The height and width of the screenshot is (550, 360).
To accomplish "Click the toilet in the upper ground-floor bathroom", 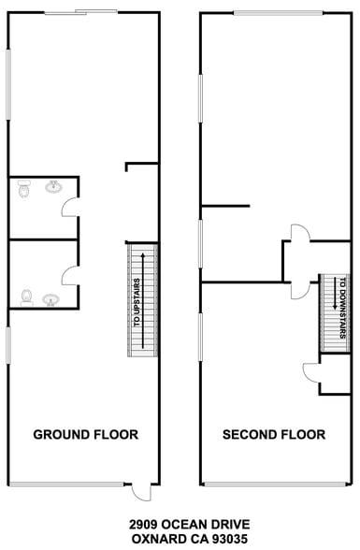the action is point(23,188).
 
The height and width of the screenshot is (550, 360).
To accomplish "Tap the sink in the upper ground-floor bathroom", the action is point(53,186).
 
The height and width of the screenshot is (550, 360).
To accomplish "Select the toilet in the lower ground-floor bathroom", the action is point(26,297).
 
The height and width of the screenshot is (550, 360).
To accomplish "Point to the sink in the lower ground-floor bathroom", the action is point(51,300).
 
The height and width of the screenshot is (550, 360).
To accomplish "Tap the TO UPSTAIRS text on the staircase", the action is point(137,302).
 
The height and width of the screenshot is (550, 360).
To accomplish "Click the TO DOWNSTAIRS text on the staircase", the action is point(342,308).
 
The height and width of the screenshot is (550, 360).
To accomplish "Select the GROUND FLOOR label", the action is point(86,435).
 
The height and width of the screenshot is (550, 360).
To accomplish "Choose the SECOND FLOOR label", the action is point(274,435).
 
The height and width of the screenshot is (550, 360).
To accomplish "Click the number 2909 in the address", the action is point(144,525).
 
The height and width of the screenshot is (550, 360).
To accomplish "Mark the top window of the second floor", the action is point(279,13).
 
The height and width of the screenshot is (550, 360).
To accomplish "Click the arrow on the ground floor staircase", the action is point(143,300).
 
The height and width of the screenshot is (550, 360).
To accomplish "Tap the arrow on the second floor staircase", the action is point(335,293).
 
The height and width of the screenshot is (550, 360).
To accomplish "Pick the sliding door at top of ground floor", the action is point(80,12).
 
